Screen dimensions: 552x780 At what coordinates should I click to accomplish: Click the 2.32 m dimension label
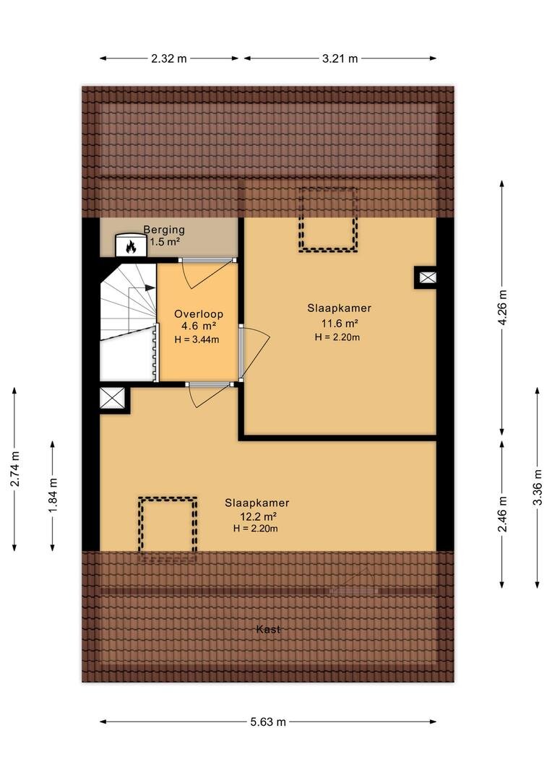tap(169, 58)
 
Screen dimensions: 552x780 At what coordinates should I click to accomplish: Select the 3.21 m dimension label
tap(340, 58)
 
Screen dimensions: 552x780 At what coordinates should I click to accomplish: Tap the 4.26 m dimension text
tap(503, 307)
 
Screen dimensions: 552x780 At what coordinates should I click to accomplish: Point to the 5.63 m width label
tap(268, 721)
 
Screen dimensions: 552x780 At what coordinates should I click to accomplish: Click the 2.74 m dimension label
tap(15, 469)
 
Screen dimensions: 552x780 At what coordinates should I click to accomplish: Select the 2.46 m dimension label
tap(503, 514)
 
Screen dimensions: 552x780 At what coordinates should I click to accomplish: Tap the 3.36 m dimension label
tap(538, 487)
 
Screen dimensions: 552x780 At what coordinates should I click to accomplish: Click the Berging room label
tap(164, 230)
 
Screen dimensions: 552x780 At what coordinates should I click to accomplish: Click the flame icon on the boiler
tap(131, 246)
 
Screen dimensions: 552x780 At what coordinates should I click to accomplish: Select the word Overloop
tap(199, 314)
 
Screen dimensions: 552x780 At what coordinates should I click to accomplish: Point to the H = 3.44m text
tap(197, 339)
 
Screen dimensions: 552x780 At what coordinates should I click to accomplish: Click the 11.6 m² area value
tap(340, 324)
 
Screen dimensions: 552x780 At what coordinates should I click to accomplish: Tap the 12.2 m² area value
tap(257, 516)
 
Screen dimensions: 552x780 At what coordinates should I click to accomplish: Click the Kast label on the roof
tap(268, 629)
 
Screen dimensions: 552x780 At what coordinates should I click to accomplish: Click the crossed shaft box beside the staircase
tap(112, 398)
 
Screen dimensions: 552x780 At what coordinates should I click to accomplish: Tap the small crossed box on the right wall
tap(427, 277)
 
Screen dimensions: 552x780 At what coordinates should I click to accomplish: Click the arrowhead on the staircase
tap(150, 287)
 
